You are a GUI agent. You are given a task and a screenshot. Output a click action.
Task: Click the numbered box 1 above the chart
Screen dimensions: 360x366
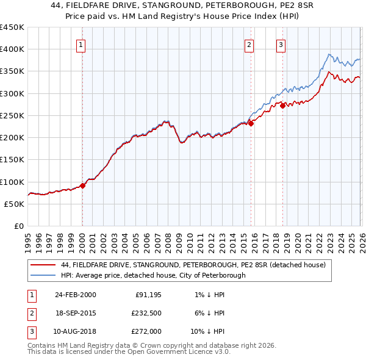point(81,44)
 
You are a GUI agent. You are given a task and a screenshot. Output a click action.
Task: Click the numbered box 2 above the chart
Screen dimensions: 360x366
point(249,44)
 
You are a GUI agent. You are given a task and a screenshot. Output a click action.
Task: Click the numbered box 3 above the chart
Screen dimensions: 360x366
point(281,44)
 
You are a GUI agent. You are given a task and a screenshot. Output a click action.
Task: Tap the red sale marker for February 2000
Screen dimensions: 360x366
point(83,185)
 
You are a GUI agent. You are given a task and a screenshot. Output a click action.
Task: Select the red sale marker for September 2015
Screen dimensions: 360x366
point(251,124)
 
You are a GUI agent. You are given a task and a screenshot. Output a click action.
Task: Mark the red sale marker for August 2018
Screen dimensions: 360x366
point(282,106)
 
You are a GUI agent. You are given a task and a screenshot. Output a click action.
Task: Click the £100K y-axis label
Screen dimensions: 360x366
point(12,182)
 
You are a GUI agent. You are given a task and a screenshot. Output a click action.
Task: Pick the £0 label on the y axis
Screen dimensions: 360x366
point(19,226)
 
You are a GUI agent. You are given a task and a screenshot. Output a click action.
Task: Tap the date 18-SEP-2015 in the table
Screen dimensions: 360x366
point(76,313)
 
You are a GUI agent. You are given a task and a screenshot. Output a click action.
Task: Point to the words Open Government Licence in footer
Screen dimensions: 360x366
point(176,351)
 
